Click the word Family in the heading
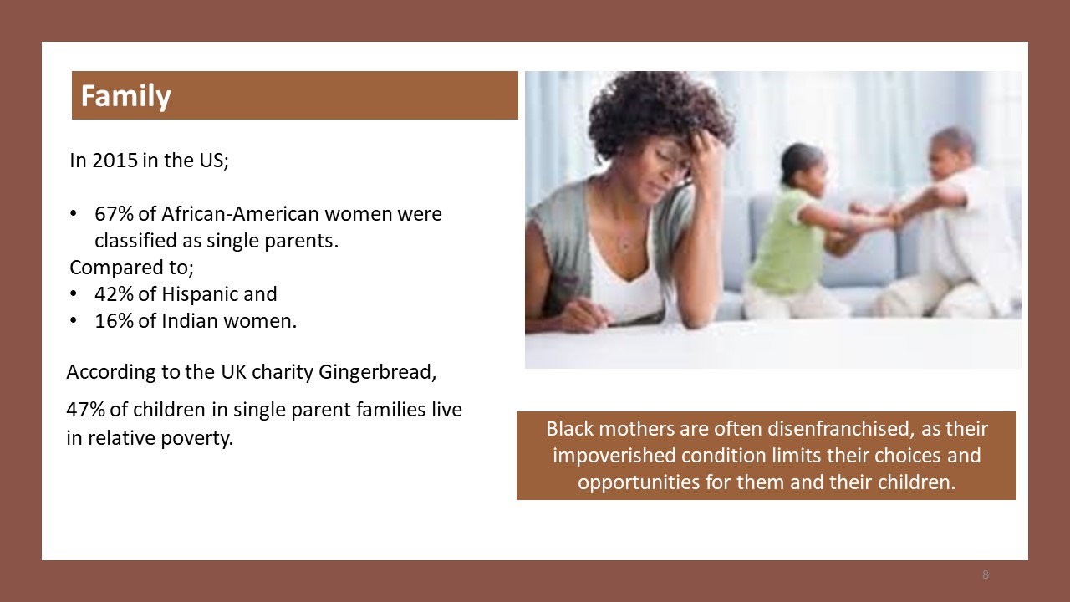[125, 96]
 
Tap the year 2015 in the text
[115, 161]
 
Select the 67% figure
[114, 214]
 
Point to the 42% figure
[114, 294]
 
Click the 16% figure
[114, 321]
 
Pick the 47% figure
[85, 410]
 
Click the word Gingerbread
[377, 372]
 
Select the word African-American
[240, 214]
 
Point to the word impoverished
[614, 456]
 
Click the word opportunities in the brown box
[639, 482]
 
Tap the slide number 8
[986, 574]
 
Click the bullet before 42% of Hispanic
[73, 294]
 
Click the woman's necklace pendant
[624, 247]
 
